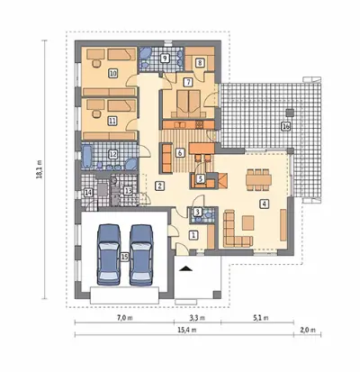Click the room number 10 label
pyautogui.click(x=112, y=73)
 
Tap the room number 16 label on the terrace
pyautogui.click(x=286, y=127)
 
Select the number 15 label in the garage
pyautogui.click(x=124, y=257)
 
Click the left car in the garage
pyautogui.click(x=109, y=254)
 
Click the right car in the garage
pyautogui.click(x=141, y=255)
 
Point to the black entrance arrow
pyautogui.click(x=185, y=268)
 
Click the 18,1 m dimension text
pyautogui.click(x=40, y=169)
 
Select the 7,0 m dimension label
pyautogui.click(x=124, y=318)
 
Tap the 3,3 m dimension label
pyautogui.click(x=198, y=318)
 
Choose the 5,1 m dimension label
pyautogui.click(x=261, y=318)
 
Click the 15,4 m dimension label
pyautogui.click(x=187, y=330)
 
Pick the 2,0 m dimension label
pyautogui.click(x=308, y=330)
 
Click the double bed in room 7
pyautogui.click(x=189, y=104)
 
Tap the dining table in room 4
pyautogui.click(x=258, y=179)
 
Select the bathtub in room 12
pyautogui.click(x=87, y=157)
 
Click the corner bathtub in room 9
pyautogui.click(x=146, y=54)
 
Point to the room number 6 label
pyautogui.click(x=180, y=153)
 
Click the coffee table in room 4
pyautogui.click(x=248, y=222)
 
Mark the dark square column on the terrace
pyautogui.click(x=290, y=113)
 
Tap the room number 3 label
pyautogui.click(x=197, y=212)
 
